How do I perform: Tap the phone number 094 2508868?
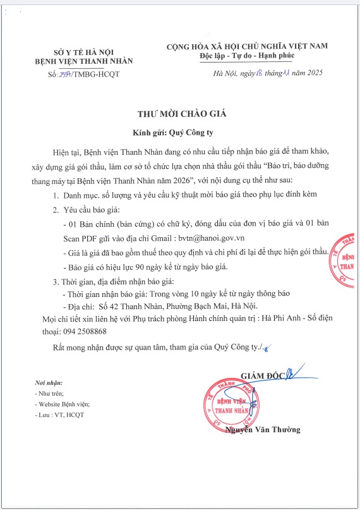[84, 331]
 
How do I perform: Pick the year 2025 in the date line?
[313, 74]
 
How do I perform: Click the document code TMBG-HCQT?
[96, 75]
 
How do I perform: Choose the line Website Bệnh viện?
[64, 403]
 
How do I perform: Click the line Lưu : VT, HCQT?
[61, 415]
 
